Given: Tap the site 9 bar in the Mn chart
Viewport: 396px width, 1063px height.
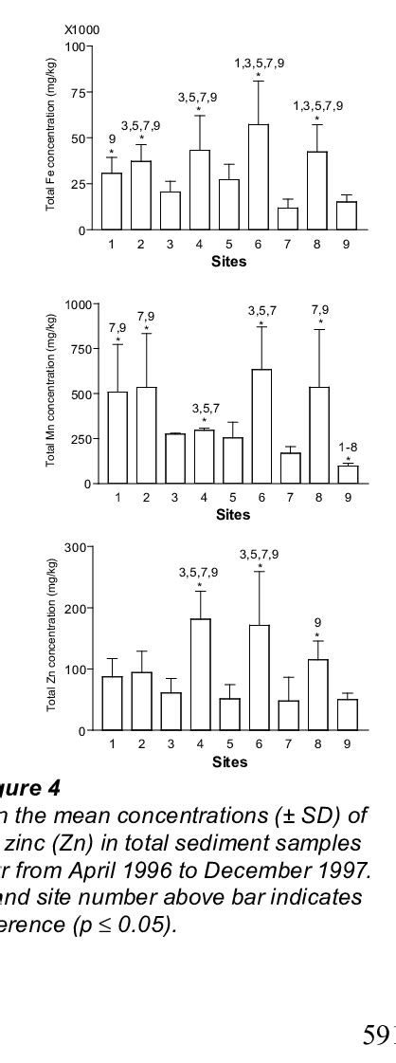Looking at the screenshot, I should click(x=348, y=475).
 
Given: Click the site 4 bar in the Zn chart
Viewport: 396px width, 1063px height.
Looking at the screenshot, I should click(x=200, y=674).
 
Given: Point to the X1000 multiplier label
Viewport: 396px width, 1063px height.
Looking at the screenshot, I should click(x=81, y=30).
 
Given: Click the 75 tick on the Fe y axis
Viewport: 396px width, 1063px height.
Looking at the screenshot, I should click(x=82, y=92).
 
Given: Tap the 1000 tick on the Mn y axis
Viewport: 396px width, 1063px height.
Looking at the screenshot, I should click(x=78, y=304).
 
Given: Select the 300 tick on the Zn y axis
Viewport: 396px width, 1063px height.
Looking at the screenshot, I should click(x=81, y=547).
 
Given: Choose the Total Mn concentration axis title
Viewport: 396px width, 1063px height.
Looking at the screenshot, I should click(x=55, y=394).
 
